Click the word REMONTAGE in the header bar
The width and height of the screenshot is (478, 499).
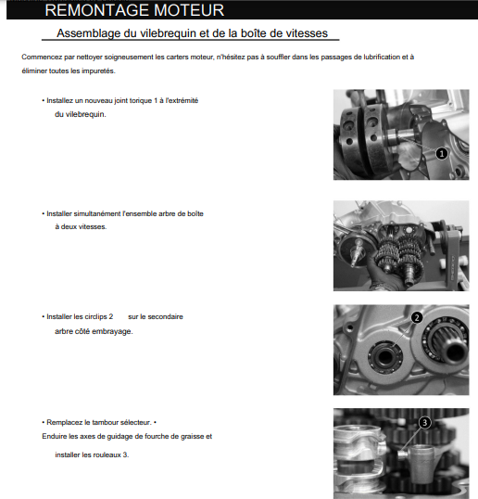97,10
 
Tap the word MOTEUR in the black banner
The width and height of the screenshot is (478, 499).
189,10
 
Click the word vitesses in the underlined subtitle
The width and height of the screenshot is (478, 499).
307,33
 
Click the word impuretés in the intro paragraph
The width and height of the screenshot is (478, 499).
98,71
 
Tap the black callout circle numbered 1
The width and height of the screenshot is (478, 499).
441,154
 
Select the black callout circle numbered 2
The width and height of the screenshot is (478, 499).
417,317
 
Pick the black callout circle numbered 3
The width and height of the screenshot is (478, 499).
424,423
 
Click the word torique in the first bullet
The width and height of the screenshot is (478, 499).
141,100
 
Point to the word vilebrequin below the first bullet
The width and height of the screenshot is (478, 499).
85,114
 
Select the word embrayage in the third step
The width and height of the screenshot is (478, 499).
116,331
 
